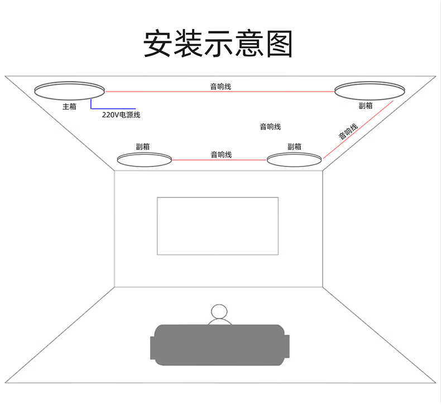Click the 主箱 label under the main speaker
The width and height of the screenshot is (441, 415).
click(69, 106)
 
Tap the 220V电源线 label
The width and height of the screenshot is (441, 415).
click(121, 115)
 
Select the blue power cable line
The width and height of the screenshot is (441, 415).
click(112, 107)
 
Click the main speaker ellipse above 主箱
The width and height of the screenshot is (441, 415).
click(70, 89)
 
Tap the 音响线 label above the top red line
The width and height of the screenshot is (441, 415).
click(220, 86)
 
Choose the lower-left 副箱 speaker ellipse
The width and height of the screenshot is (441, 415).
click(144, 159)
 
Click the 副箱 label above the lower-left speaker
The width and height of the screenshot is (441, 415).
click(143, 146)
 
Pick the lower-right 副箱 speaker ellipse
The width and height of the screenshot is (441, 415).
click(294, 159)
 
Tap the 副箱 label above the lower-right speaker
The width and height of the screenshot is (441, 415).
click(294, 146)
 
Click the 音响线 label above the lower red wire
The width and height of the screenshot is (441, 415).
click(221, 154)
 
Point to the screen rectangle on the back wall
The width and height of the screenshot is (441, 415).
click(217, 226)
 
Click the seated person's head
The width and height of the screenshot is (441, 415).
click(219, 312)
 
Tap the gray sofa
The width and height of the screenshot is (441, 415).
click(220, 342)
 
